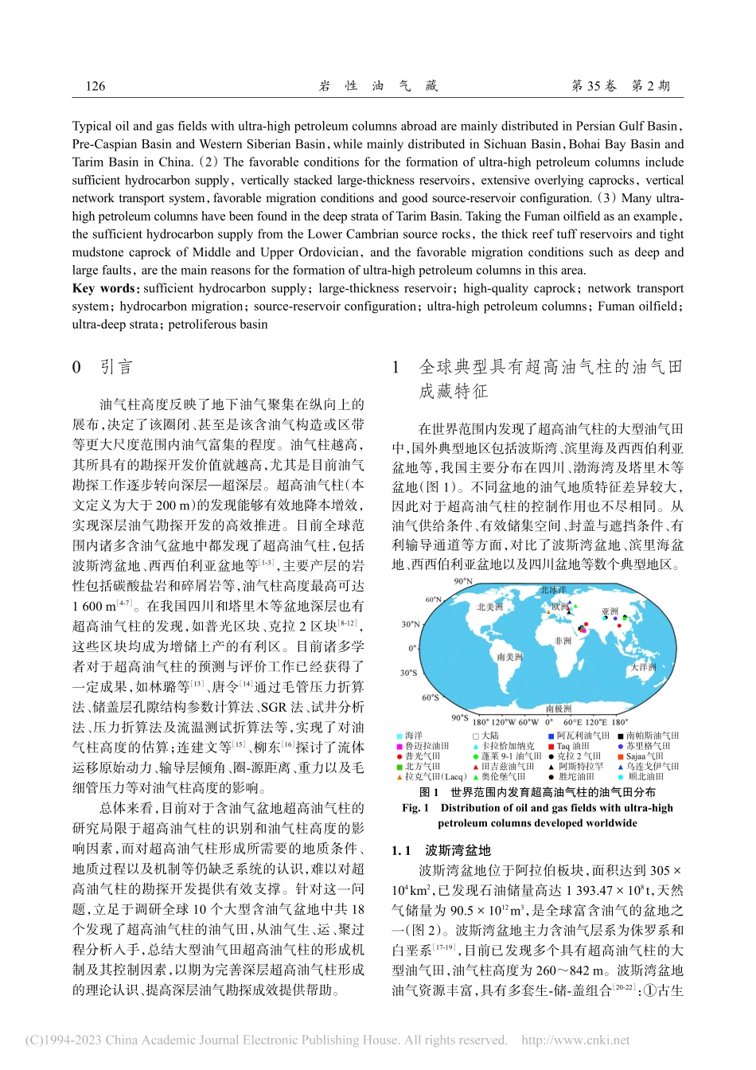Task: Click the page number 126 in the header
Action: [95, 86]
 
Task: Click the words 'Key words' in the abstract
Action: [103, 288]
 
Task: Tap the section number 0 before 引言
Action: [76, 367]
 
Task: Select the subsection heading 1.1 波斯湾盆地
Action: [442, 850]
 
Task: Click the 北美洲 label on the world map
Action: [489, 607]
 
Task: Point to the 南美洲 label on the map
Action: [509, 657]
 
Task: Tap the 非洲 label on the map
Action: [563, 641]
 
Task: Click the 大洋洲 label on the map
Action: [644, 667]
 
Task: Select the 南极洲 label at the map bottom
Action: [559, 708]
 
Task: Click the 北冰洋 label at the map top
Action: [553, 590]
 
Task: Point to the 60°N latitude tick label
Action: [433, 599]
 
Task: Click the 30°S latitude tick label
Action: [408, 673]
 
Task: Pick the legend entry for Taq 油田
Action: [572, 746]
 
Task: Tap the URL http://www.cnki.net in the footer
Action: [575, 1040]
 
